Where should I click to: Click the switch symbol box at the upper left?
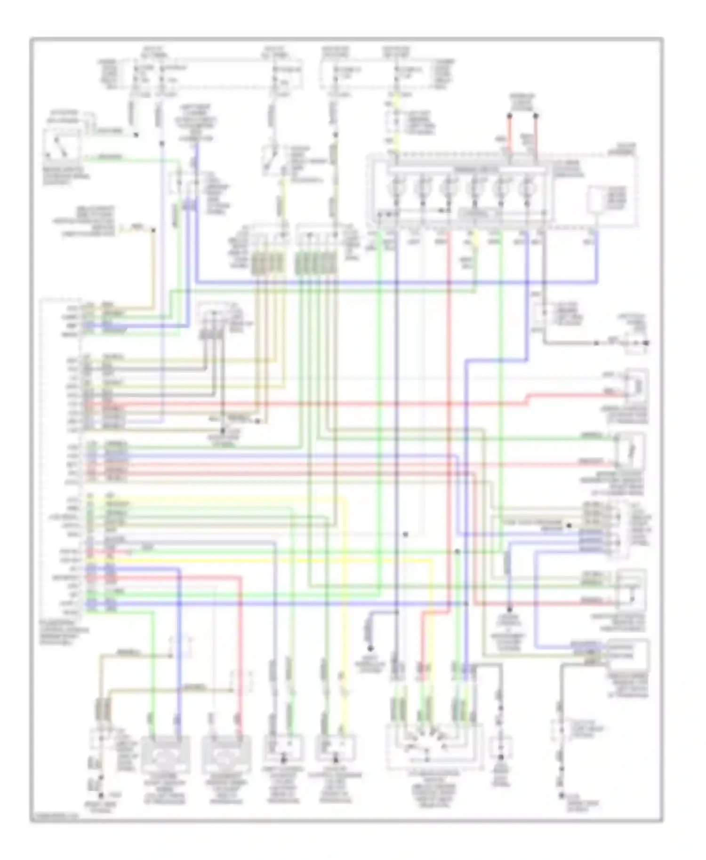(61, 145)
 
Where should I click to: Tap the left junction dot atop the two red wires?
(509, 115)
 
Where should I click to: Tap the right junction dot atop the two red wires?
(536, 115)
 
